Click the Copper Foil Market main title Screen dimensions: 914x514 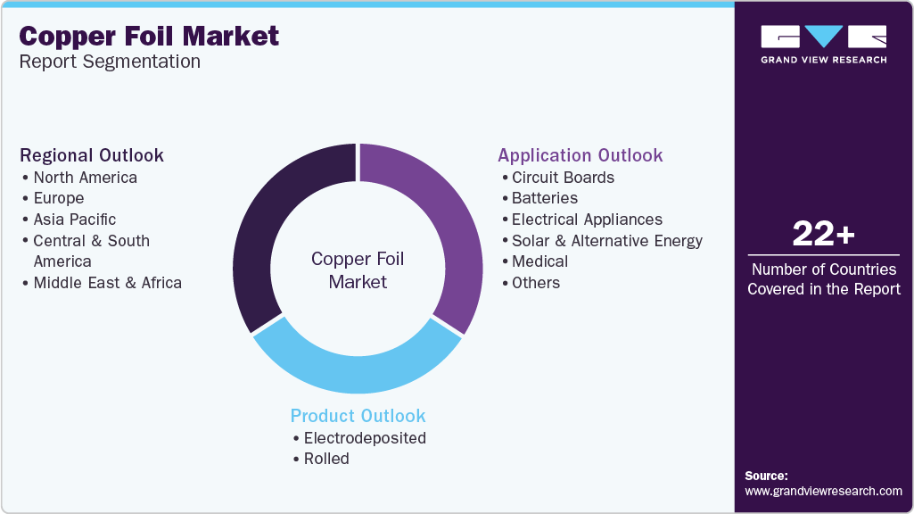149,37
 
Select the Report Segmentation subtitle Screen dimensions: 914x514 110,62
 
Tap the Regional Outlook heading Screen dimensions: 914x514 92,155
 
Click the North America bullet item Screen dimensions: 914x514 85,178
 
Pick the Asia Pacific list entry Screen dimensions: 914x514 75,220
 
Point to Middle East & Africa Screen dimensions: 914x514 107,283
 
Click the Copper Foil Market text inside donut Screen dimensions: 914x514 358,270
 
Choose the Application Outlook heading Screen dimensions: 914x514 580,155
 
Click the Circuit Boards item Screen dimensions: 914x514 563,178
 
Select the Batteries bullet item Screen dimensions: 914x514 545,198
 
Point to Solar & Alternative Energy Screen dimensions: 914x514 607,241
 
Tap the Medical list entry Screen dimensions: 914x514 539,261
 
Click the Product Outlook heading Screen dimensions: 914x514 358,416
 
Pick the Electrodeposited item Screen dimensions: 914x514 365,438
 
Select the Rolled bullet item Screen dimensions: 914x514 326,460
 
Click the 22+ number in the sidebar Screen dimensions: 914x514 824,234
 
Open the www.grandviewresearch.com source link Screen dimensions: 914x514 824,492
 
